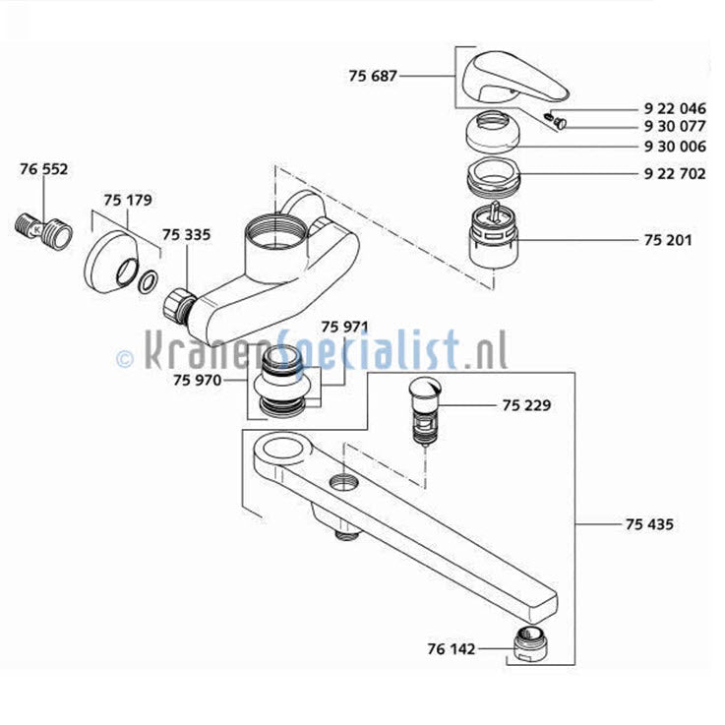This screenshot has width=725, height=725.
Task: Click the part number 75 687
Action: [373, 76]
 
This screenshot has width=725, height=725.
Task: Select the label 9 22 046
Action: [675, 108]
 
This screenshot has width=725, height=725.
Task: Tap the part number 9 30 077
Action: [675, 126]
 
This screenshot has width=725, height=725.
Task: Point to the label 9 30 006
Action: [675, 147]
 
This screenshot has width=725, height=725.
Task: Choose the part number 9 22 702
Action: [675, 174]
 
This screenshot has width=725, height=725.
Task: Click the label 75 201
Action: [668, 240]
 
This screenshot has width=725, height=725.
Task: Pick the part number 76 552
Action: [44, 169]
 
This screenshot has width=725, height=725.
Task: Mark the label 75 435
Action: [649, 524]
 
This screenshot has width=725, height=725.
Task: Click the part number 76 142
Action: [452, 648]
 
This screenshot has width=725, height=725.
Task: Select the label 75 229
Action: [526, 405]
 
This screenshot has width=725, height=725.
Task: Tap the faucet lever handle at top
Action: [514, 82]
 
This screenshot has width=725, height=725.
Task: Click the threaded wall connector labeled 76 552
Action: [42, 230]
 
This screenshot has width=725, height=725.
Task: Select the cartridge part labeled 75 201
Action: [493, 238]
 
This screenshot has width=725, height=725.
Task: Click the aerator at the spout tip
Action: [531, 641]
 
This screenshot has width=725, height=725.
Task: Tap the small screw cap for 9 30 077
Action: [561, 123]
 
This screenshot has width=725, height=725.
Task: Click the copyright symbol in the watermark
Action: [125, 358]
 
